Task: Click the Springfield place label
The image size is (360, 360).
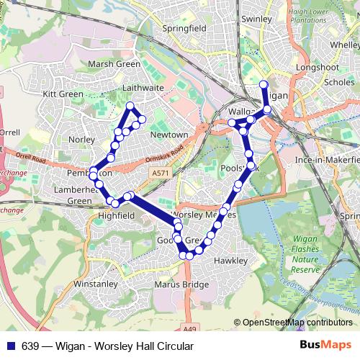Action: (184, 28)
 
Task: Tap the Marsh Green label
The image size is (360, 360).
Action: (113, 64)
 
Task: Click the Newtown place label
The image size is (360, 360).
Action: (168, 135)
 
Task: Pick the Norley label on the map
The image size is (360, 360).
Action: (76, 139)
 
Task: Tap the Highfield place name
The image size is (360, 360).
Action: (116, 215)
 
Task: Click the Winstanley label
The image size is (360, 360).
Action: (95, 284)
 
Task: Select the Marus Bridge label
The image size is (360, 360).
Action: (181, 284)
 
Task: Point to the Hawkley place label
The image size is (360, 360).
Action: (230, 261)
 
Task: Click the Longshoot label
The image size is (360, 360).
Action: (316, 69)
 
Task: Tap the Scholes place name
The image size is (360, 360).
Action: (339, 82)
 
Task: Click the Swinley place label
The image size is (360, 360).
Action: (256, 19)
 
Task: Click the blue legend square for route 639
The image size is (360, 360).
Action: (10, 346)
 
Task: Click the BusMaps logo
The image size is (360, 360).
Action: (325, 346)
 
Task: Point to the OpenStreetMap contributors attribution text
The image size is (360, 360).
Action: (297, 323)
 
